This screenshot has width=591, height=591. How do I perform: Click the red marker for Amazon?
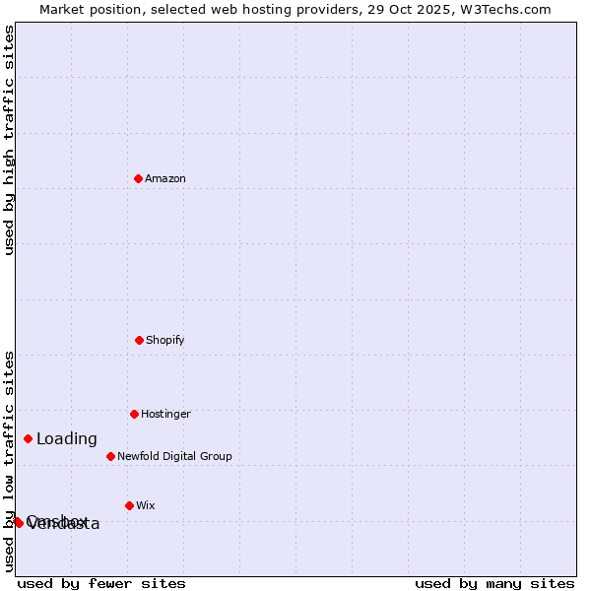coord(138,178)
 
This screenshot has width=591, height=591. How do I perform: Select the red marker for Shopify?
coord(139,340)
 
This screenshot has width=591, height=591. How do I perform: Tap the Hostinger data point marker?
coord(134,414)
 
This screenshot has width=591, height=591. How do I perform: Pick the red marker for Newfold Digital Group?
coord(110,456)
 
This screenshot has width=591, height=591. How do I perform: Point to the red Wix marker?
coord(129,505)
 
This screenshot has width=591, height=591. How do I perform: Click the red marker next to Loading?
coord(28,438)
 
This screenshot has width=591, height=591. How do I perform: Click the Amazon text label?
coord(165,178)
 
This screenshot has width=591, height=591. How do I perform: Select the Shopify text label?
coord(165,340)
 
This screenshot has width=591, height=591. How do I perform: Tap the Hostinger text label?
coord(165,414)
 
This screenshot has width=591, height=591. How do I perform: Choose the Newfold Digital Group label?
coord(174,456)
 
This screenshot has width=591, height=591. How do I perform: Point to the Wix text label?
coord(146,505)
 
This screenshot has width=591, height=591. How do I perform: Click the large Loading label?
coord(67,439)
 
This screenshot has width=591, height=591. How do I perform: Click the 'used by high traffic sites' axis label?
coord(9,140)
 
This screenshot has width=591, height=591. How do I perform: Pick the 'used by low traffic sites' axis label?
coord(9,461)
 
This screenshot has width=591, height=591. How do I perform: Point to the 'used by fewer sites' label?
coord(101,583)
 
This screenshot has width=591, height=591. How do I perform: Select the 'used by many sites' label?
coord(494,583)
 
